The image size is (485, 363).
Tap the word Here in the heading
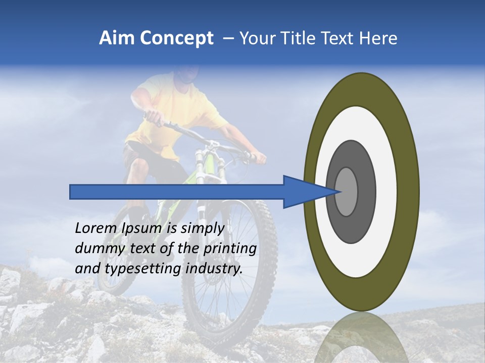pyautogui.click(x=378, y=38)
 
